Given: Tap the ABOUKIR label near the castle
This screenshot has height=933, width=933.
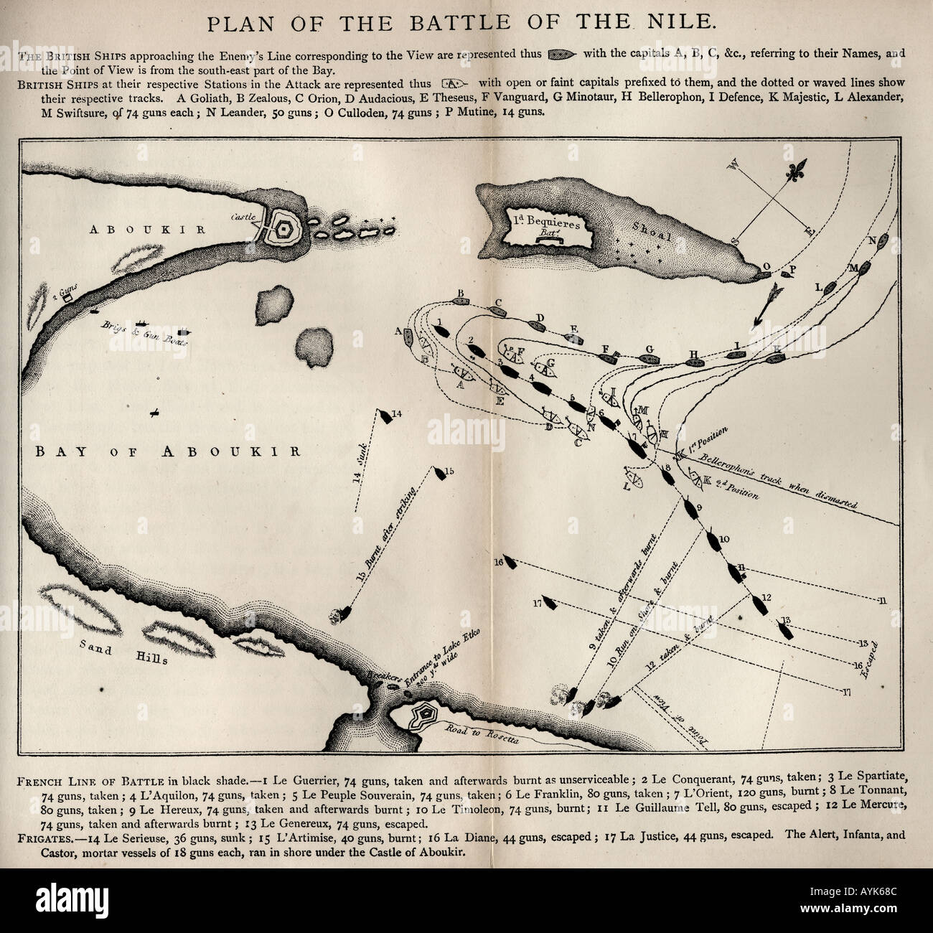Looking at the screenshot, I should [x=148, y=229].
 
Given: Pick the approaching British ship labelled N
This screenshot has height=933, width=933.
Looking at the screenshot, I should [x=884, y=241].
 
